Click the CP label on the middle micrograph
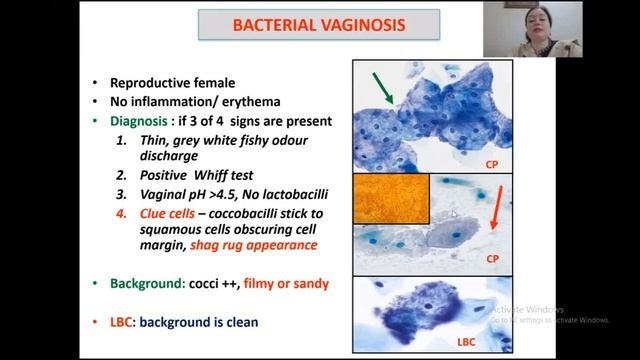click(491, 258)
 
